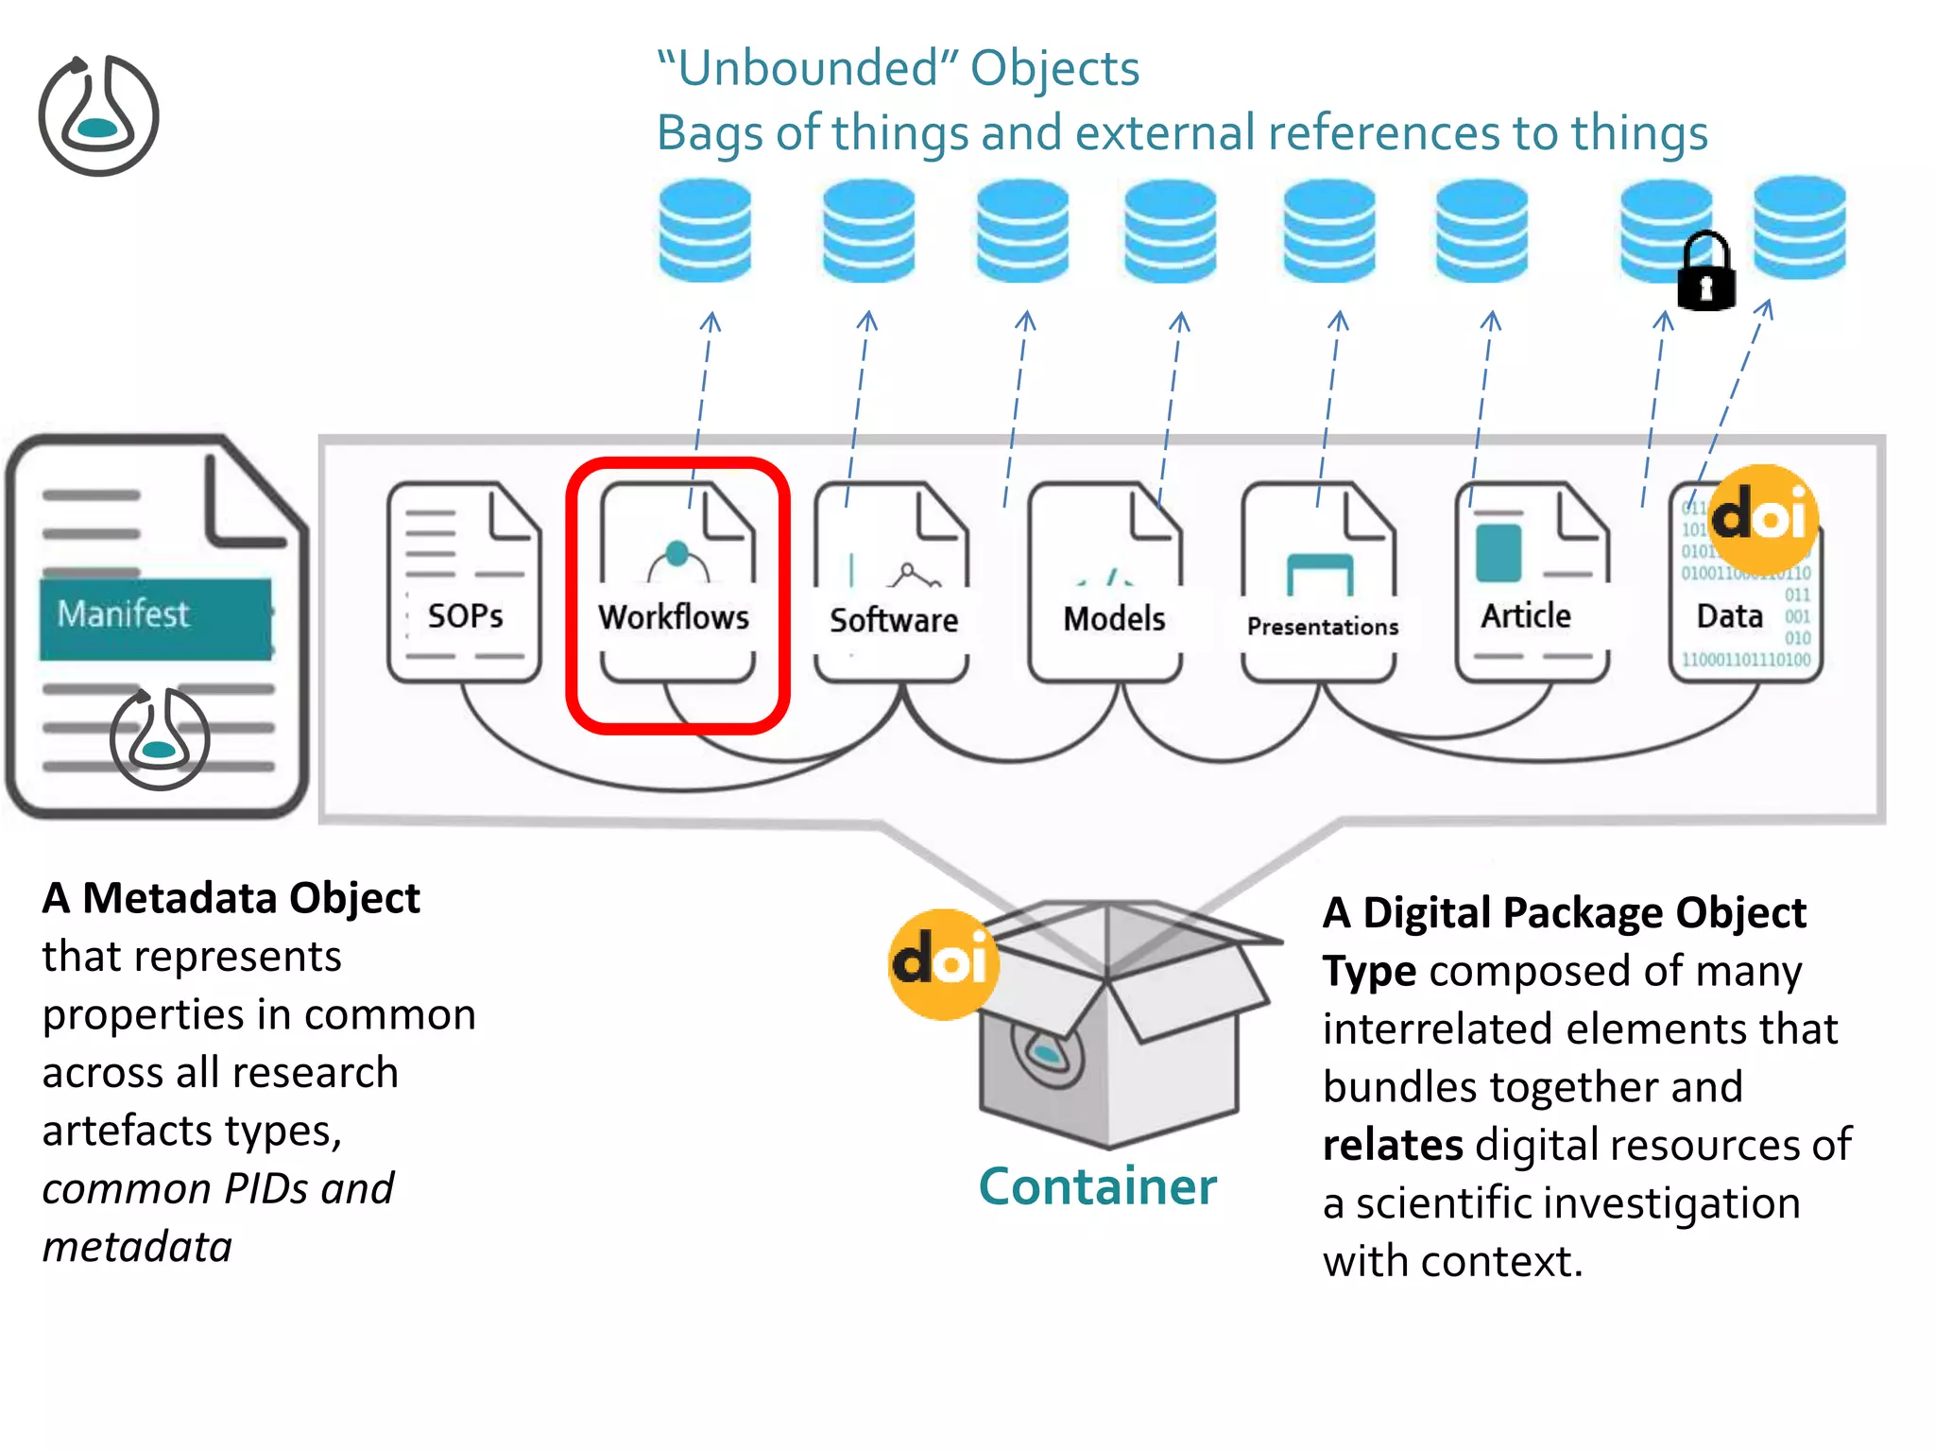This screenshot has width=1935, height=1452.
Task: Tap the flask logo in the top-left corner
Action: point(98,116)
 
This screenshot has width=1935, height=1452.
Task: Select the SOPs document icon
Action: point(464,581)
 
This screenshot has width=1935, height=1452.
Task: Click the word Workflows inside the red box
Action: point(674,617)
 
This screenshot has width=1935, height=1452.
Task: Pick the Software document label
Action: point(894,620)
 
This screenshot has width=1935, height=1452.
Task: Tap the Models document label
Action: point(1114,618)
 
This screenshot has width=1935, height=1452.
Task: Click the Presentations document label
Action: point(1322,626)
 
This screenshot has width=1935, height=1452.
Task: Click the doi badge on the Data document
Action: point(1763,515)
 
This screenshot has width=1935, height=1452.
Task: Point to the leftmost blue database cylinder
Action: point(705,231)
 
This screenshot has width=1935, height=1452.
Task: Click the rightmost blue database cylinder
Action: point(1799,227)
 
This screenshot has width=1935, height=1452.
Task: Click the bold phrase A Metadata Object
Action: point(231,897)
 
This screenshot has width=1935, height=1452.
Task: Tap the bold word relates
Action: point(1392,1145)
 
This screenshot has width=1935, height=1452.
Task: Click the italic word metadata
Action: point(137,1246)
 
